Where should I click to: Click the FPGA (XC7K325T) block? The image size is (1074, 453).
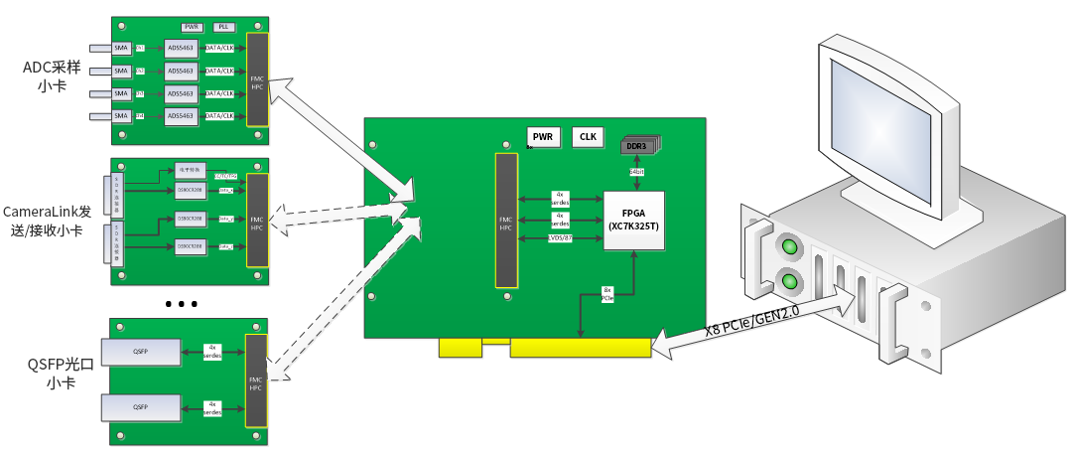pyautogui.click(x=634, y=221)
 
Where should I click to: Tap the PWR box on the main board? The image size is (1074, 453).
pyautogui.click(x=543, y=137)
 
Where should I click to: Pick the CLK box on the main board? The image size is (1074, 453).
pyautogui.click(x=588, y=137)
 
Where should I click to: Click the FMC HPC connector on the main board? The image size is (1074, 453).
pyautogui.click(x=506, y=222)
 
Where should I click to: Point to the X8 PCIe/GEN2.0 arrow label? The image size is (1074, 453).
pyautogui.click(x=754, y=317)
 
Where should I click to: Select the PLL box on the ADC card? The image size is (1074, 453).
pyautogui.click(x=225, y=28)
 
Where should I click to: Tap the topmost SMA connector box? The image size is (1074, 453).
pyautogui.click(x=121, y=48)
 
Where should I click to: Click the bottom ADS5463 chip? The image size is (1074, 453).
pyautogui.click(x=181, y=116)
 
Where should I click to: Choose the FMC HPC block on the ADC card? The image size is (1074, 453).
pyautogui.click(x=257, y=79)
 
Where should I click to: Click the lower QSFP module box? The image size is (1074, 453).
pyautogui.click(x=141, y=407)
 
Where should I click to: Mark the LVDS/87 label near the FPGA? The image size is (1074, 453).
pyautogui.click(x=560, y=239)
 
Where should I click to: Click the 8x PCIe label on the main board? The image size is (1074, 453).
pyautogui.click(x=607, y=295)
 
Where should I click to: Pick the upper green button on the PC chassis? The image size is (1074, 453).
pyautogui.click(x=789, y=245)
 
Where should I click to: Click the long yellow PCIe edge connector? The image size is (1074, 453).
pyautogui.click(x=581, y=348)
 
